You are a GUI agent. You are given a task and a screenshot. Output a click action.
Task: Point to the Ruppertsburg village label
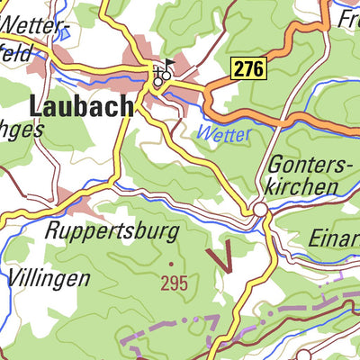pos(112,231)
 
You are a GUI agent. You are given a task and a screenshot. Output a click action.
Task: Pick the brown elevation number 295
pos(175,283)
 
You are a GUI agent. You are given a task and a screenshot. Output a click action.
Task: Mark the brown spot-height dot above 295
pos(171,264)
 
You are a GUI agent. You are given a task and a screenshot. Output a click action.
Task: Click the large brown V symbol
pos(221,256)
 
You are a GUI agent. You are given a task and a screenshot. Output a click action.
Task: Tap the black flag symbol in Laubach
pos(171,67)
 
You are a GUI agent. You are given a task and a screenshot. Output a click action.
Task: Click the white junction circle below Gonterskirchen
pos(259,209)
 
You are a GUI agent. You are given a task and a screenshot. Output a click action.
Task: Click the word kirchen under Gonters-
pos(301,186)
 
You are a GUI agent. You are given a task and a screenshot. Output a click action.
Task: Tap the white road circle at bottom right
pos(303,355)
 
